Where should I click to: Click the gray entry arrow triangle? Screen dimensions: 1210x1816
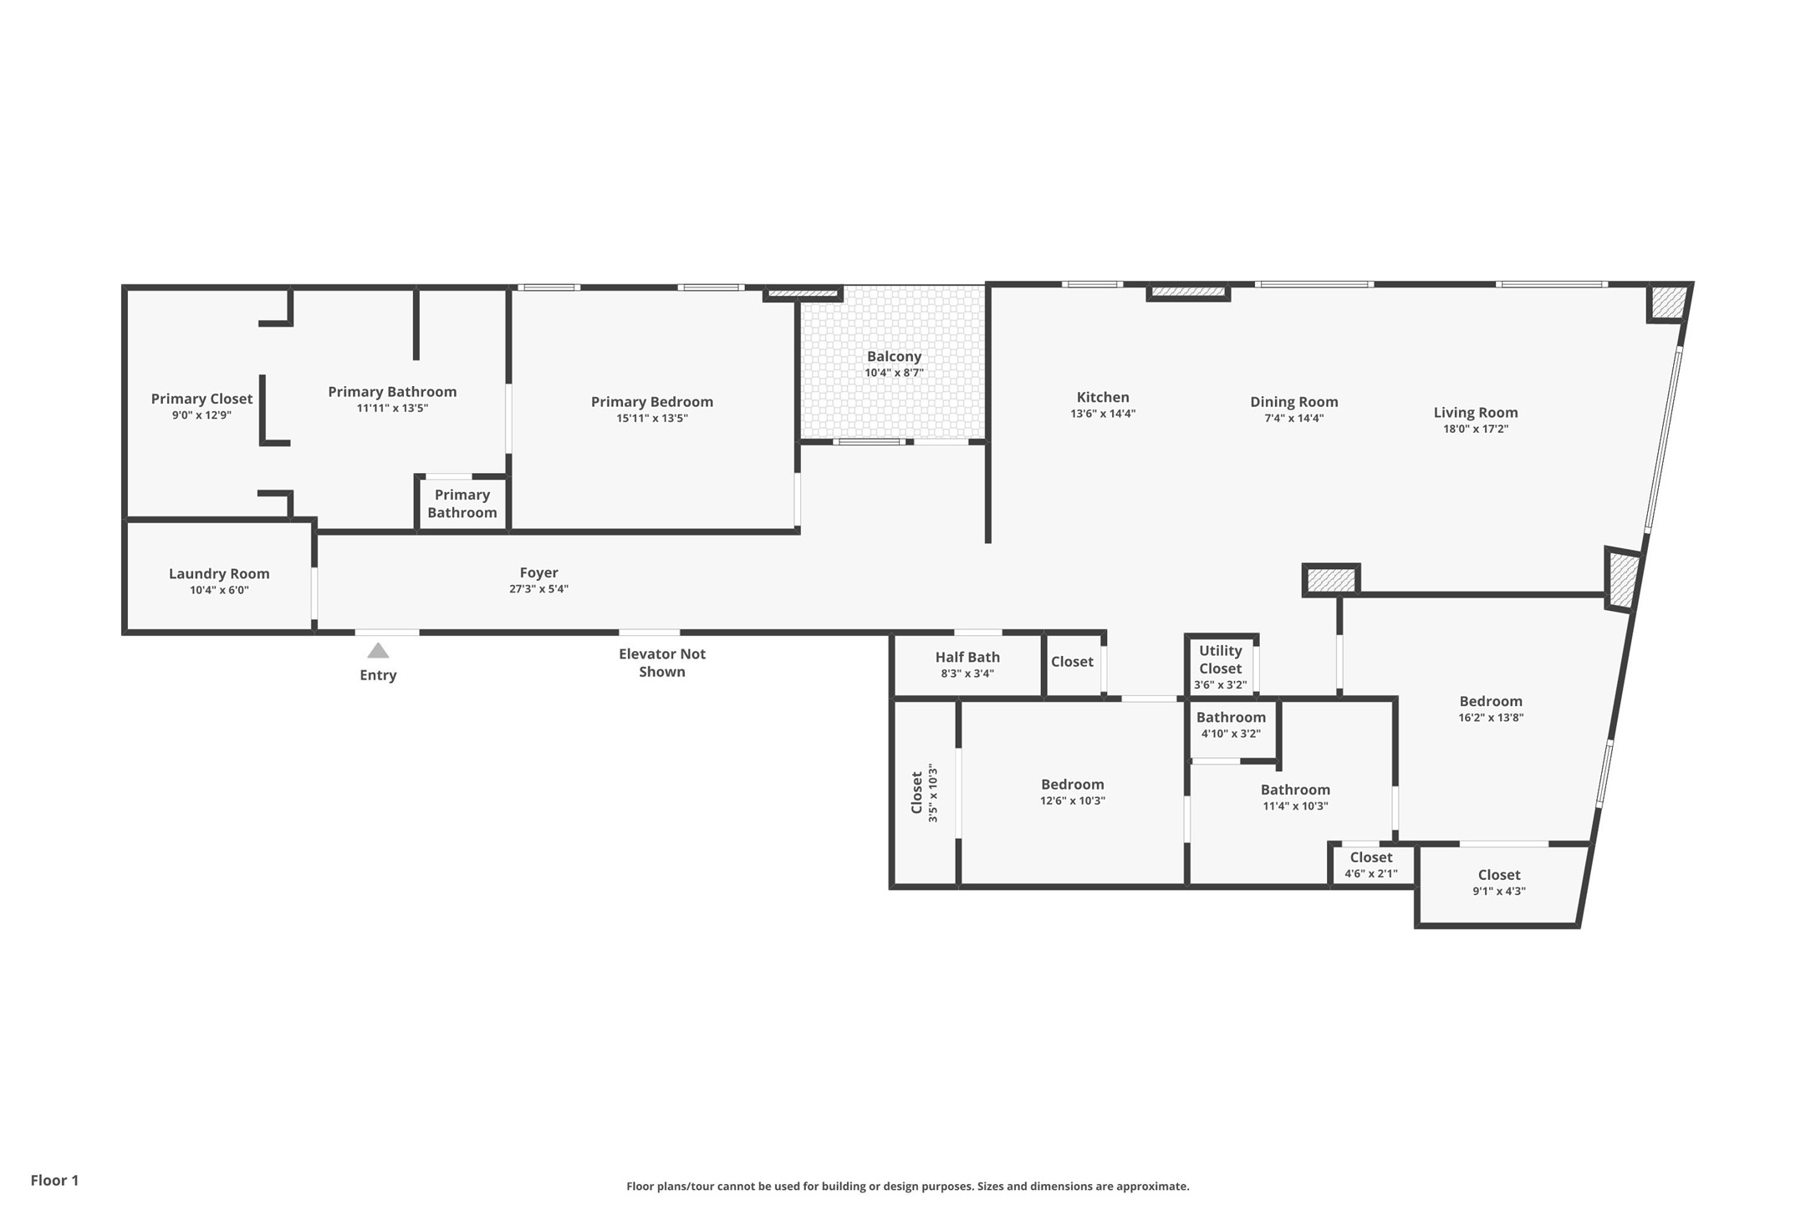[x=378, y=651]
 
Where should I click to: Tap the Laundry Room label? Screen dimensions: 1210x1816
[x=219, y=573]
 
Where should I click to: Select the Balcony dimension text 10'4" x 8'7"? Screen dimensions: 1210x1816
[x=894, y=373]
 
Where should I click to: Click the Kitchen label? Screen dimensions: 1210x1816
[x=1103, y=398]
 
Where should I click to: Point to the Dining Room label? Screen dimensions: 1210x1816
[x=1293, y=402]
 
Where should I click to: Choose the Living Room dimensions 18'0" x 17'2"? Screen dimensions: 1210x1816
[x=1476, y=429]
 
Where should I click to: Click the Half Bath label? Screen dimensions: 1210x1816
[x=967, y=658]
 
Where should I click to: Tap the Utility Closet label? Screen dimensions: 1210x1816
[x=1220, y=659]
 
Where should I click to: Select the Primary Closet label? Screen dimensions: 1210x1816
[x=201, y=399]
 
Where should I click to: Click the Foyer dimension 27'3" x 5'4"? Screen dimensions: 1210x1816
[x=538, y=589]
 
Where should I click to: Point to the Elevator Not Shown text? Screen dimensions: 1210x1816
[x=661, y=663]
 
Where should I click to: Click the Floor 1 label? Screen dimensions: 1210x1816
[x=54, y=1180]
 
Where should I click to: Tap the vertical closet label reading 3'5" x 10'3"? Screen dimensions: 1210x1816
[x=933, y=794]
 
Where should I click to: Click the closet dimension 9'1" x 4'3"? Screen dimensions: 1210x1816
[x=1498, y=891]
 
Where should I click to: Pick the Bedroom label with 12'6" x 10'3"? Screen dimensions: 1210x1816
[x=1072, y=785]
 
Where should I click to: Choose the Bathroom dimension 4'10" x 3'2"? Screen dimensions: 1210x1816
[x=1230, y=734]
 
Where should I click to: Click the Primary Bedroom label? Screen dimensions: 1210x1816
[x=651, y=402]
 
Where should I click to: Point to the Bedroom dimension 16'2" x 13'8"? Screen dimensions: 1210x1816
[x=1490, y=717]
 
